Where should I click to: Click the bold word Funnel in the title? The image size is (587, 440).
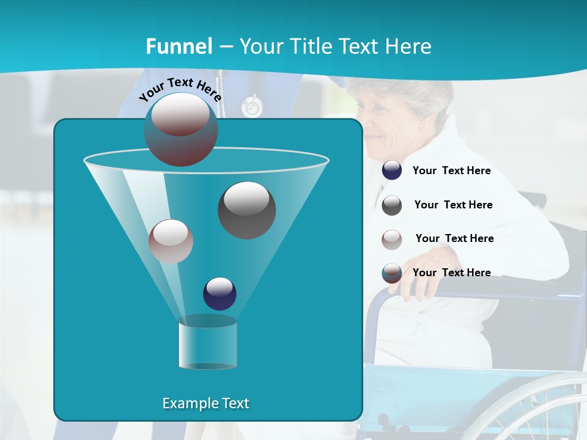179,46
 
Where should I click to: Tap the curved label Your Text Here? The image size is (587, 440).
180,89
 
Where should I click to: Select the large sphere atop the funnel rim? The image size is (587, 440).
181,130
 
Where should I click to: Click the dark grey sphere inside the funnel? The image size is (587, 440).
246,210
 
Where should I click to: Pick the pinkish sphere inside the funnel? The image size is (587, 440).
171,241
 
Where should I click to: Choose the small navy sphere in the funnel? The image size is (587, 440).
220,293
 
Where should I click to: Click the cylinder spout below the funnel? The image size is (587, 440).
207,343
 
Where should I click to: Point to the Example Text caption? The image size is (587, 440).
205,403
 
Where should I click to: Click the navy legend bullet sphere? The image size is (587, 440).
392,170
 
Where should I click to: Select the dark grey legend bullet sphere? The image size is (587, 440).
392,205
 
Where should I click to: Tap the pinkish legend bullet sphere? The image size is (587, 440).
392,239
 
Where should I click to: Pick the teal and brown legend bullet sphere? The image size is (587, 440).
392,273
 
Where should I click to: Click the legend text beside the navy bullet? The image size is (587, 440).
451,171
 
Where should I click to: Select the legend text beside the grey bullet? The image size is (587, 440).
453,205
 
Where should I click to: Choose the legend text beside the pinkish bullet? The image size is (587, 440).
454,239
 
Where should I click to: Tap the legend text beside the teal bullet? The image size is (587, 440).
451,273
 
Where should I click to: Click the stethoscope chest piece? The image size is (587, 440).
251,108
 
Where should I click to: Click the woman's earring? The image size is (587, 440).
422,127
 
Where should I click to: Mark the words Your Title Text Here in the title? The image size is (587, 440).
335,46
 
